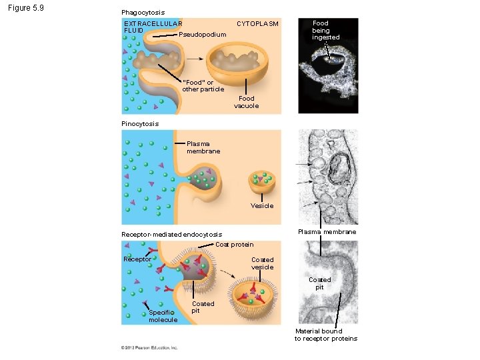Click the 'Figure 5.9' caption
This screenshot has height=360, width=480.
[25, 9]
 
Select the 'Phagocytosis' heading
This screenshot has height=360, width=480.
[143, 13]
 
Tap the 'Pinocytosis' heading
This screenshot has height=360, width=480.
[140, 123]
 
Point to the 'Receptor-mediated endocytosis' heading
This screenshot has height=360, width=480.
[171, 235]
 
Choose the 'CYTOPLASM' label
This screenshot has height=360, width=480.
[257, 24]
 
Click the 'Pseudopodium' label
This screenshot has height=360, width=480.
[203, 35]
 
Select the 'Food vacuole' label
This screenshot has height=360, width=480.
[246, 102]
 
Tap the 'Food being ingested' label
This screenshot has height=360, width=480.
[325, 30]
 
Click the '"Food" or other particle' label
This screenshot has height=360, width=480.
[203, 86]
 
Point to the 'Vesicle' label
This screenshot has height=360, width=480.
[261, 205]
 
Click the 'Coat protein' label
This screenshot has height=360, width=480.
[234, 244]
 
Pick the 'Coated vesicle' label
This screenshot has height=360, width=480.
[262, 263]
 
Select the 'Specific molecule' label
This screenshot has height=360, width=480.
[163, 315]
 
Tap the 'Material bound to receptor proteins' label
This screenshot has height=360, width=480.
[325, 335]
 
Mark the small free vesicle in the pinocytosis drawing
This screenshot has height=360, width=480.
[261, 182]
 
